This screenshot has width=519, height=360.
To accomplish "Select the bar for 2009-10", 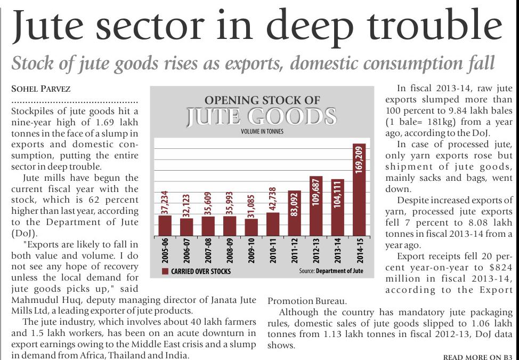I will click(251, 227).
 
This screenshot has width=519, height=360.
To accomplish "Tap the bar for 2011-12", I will click(294, 213).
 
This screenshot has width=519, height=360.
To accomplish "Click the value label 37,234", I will click(165, 203).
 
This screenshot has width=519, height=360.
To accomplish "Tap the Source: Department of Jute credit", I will click(331, 271).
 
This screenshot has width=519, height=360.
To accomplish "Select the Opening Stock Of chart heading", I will click(262, 100).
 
